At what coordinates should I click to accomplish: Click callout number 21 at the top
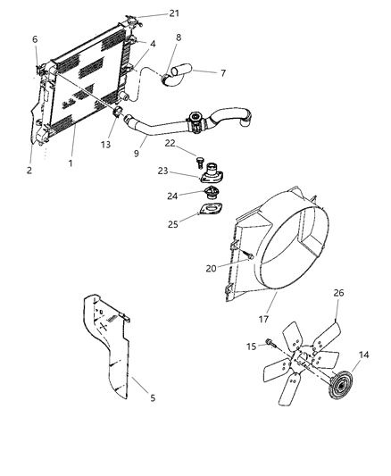174,13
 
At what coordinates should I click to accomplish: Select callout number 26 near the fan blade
338,292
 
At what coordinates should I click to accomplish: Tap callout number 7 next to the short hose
222,74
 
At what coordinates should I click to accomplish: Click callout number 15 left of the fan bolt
251,345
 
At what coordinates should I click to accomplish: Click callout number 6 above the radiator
35,39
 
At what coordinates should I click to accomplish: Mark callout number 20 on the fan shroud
212,268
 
